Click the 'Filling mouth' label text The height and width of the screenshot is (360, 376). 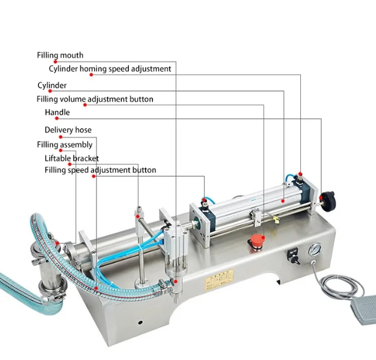60,55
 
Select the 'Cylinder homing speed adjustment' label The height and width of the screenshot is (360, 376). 110,69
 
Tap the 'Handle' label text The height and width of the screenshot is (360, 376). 57,112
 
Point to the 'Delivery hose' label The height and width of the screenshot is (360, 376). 68,129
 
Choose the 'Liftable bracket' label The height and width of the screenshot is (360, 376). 72,158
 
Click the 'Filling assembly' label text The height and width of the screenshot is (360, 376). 65,145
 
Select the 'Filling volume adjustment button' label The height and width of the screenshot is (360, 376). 95,99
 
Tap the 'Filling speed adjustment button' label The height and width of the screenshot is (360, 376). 101,170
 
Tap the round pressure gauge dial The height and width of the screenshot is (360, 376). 315,249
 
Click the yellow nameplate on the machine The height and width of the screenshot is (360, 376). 219,280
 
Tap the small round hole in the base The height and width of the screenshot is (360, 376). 141,322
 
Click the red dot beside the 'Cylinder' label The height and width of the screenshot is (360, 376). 50,91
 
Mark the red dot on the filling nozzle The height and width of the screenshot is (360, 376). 176,281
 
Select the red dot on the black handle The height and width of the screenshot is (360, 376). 321,197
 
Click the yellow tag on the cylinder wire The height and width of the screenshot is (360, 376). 276,219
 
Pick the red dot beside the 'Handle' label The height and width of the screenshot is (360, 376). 57,118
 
